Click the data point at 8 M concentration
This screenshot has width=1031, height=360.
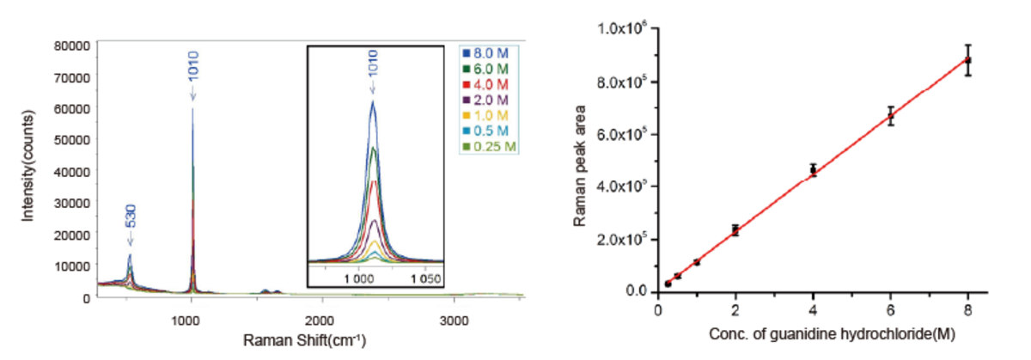pyautogui.click(x=968, y=60)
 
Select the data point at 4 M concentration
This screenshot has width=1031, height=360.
pyautogui.click(x=813, y=170)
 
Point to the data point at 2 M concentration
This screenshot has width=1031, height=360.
pyautogui.click(x=735, y=229)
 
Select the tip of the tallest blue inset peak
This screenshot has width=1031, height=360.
pyautogui.click(x=373, y=102)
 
